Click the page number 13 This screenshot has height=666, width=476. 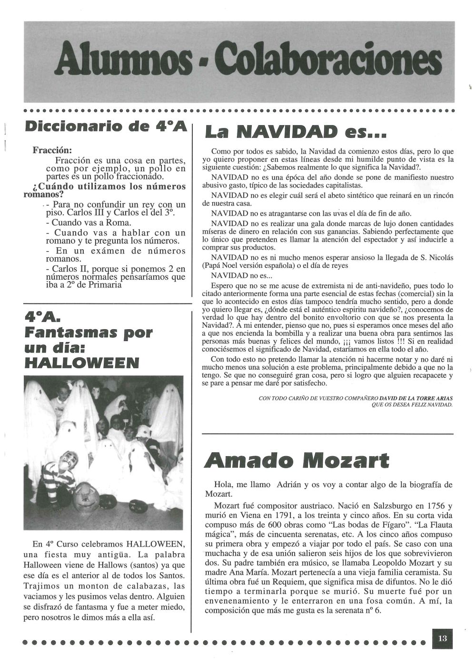(x=443, y=638)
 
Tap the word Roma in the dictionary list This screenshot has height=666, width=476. (x=119, y=223)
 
